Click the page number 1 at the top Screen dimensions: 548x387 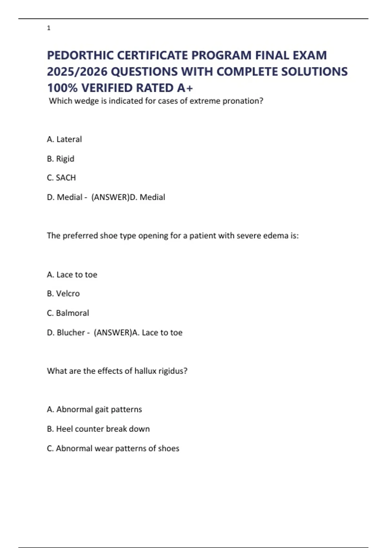pos(49,28)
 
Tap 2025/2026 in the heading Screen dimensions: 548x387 pos(77,72)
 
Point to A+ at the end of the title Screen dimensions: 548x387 pos(185,88)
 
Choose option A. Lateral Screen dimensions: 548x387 pos(64,139)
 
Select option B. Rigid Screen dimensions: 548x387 pos(61,159)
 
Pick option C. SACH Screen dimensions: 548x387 pos(61,178)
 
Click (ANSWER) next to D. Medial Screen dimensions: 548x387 pos(110,197)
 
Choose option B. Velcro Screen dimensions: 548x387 pos(63,294)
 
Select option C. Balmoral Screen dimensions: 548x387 pos(68,313)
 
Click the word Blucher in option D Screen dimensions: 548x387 pos(71,333)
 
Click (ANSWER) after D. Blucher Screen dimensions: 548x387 pos(113,333)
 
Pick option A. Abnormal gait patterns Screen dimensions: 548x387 pos(94,409)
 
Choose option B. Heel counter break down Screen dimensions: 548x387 pos(98,429)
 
